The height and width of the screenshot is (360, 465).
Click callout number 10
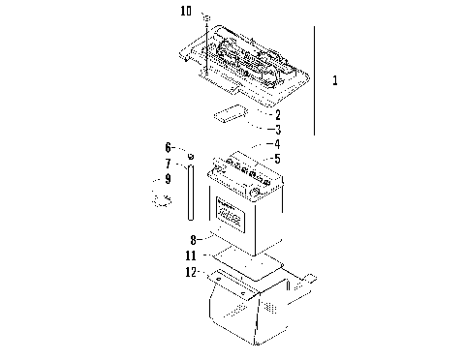186,12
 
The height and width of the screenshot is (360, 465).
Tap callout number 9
167,179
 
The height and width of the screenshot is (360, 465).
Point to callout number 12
192,273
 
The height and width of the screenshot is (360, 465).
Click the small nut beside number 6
191,156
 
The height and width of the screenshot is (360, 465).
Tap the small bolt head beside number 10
206,17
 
